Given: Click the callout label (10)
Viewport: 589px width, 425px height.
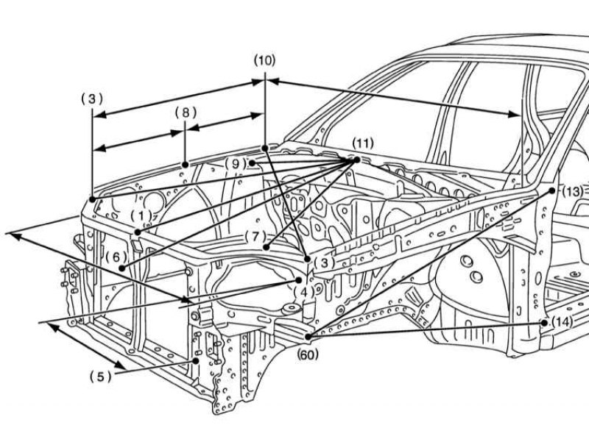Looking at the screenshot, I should pyautogui.click(x=264, y=60).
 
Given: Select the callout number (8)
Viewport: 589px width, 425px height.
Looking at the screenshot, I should pyautogui.click(x=186, y=113).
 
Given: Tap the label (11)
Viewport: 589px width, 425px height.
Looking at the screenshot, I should pyautogui.click(x=362, y=142).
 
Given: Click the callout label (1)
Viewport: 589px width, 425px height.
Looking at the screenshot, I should pyautogui.click(x=141, y=215).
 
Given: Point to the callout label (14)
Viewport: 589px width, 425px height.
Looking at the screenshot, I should pyautogui.click(x=561, y=322).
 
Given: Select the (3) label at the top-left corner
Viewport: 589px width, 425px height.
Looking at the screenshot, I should pyautogui.click(x=91, y=98).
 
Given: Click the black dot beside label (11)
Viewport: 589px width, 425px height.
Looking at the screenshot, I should pyautogui.click(x=356, y=159).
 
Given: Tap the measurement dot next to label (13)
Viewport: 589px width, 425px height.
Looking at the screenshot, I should pyautogui.click(x=552, y=190).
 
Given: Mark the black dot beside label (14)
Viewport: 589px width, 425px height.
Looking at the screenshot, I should pyautogui.click(x=544, y=322).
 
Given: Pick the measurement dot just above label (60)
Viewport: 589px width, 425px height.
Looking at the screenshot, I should pyautogui.click(x=306, y=337).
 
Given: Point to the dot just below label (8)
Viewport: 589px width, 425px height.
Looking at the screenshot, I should pyautogui.click(x=185, y=163).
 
